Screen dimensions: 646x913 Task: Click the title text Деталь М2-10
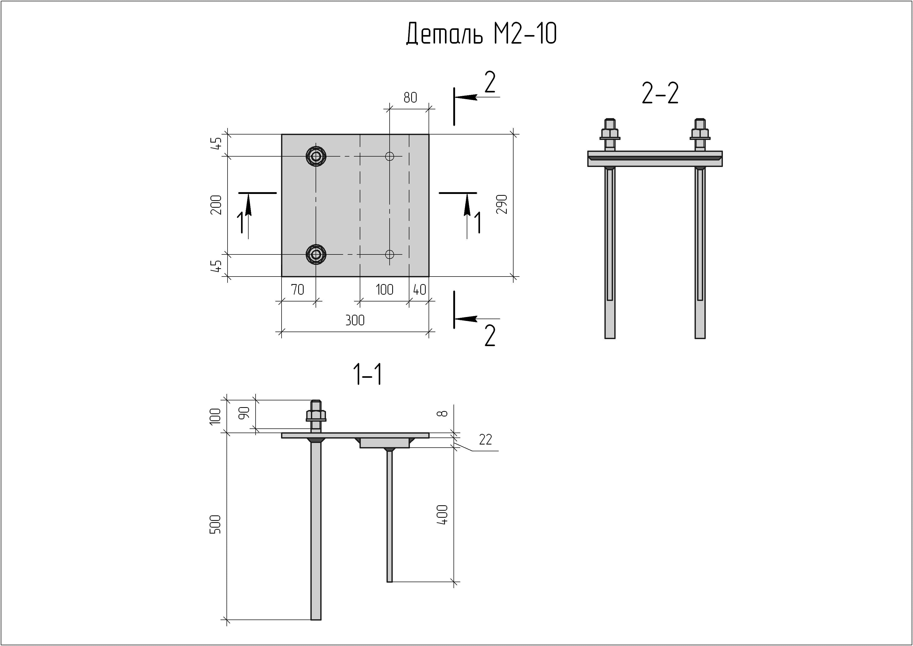(x=481, y=33)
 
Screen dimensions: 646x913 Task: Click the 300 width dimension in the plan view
(x=355, y=320)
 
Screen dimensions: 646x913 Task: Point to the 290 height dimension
(x=502, y=204)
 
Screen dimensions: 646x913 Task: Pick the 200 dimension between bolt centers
(x=216, y=205)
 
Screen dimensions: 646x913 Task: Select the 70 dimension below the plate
(x=298, y=290)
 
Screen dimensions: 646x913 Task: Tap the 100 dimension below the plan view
(x=384, y=290)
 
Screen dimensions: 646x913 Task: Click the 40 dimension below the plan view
(x=419, y=290)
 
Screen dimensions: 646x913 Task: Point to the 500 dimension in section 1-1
(x=215, y=524)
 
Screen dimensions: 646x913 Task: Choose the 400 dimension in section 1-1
(x=442, y=515)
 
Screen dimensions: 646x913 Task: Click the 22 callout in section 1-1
(x=485, y=440)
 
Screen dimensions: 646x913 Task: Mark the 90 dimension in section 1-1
(x=244, y=413)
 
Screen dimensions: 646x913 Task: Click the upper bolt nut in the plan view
(x=316, y=156)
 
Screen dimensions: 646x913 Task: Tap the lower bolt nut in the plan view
(x=316, y=254)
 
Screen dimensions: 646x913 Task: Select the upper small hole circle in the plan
(x=389, y=156)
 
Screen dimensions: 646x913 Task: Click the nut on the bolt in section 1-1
(x=316, y=415)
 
